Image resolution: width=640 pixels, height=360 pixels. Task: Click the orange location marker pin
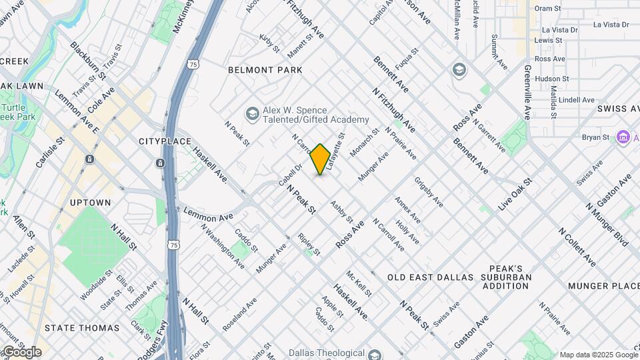pyautogui.click(x=320, y=159)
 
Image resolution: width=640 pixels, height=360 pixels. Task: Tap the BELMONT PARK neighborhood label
pyautogui.click(x=265, y=70)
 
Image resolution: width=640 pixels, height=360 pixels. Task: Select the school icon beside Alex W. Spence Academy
pyautogui.click(x=252, y=115)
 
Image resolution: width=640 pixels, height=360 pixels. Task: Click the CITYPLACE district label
pyautogui.click(x=165, y=141)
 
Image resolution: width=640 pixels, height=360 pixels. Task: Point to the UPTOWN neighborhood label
pyautogui.click(x=89, y=203)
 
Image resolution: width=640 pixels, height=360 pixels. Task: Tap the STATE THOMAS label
pyautogui.click(x=82, y=328)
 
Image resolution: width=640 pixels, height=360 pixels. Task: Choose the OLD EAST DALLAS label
pyautogui.click(x=430, y=277)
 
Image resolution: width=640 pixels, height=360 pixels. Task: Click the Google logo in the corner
pyautogui.click(x=21, y=352)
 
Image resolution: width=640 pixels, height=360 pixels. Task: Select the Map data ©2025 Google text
pyautogui.click(x=598, y=355)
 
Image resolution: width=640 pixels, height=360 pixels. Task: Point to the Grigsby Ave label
pyautogui.click(x=429, y=192)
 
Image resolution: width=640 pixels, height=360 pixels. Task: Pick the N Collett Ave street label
pyautogui.click(x=577, y=247)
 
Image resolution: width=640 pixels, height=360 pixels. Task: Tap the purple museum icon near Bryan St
pyautogui.click(x=623, y=137)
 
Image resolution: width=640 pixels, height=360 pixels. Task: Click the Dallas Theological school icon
pyautogui.click(x=373, y=355)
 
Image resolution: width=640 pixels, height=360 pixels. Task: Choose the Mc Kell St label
pyautogui.click(x=359, y=284)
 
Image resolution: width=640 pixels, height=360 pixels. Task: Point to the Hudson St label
pyautogui.click(x=550, y=78)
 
